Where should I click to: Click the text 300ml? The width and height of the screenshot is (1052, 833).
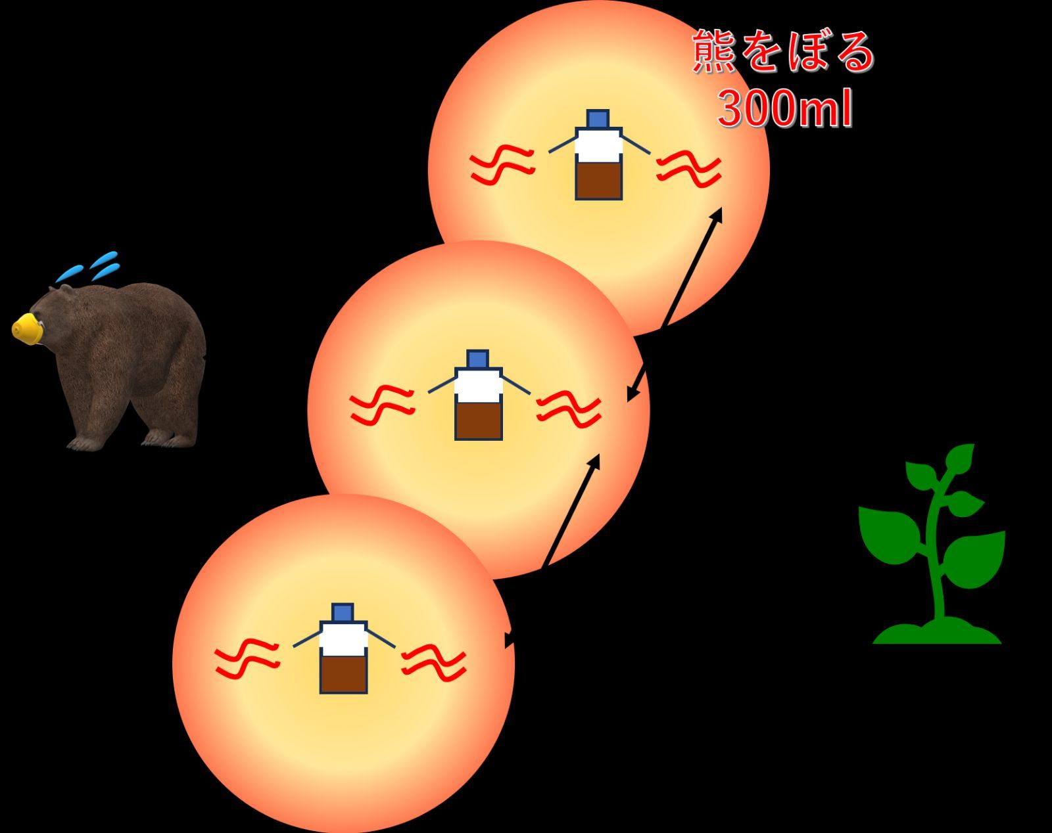(x=785, y=109)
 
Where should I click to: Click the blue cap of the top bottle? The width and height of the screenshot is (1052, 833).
(x=598, y=119)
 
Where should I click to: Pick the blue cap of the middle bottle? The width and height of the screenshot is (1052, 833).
(x=477, y=359)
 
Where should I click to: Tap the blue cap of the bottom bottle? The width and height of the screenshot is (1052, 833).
(x=343, y=612)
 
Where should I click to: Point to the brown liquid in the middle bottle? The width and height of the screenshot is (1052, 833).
(x=478, y=420)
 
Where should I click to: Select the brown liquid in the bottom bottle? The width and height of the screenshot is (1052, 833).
(x=343, y=673)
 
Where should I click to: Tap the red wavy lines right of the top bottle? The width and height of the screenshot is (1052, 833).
(x=689, y=168)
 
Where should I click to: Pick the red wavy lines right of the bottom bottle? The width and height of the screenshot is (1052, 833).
(x=434, y=662)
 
